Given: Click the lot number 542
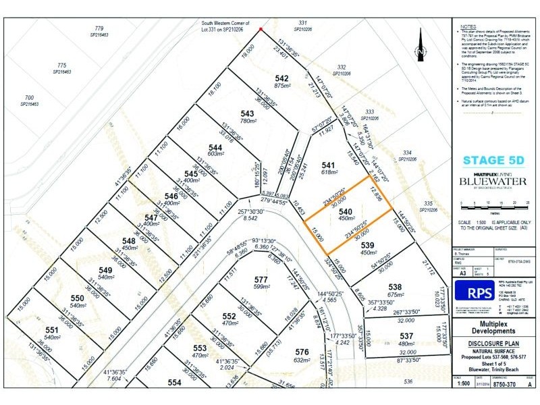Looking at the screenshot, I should tap(281, 78).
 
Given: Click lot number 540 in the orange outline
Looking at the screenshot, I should tap(345, 212).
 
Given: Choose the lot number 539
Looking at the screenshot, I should tap(367, 245).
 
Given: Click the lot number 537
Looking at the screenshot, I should tap(406, 335).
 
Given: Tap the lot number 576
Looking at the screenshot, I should tap(302, 352).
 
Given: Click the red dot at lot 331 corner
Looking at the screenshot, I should tap(261, 29).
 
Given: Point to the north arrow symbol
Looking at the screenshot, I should tap(420, 49).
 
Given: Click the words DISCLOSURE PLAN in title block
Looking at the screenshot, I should tap(492, 340).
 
